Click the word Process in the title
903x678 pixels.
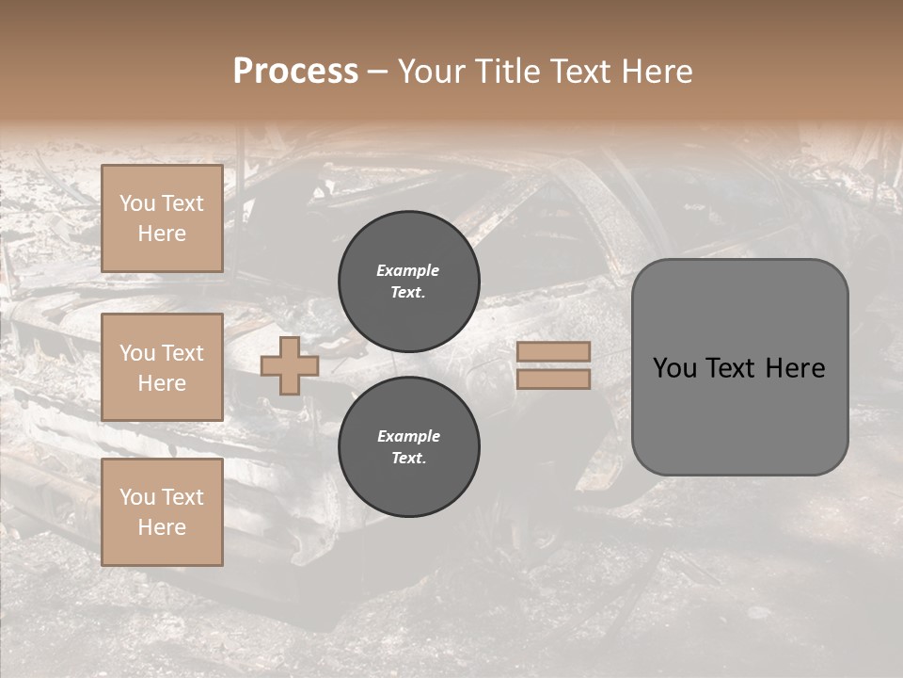[x=295, y=72]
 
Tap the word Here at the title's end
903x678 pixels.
[x=653, y=72]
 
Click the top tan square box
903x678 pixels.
[x=162, y=218]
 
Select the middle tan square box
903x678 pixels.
[x=162, y=367]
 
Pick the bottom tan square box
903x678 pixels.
[x=162, y=512]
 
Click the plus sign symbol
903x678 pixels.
[x=290, y=366]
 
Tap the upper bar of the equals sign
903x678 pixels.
[x=554, y=352]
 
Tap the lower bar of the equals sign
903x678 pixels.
[x=554, y=379]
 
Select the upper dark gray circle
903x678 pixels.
[x=409, y=282]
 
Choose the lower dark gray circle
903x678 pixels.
[x=409, y=447]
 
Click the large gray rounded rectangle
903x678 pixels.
[x=739, y=367]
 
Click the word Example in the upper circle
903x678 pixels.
[x=408, y=270]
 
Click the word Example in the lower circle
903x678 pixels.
[x=408, y=436]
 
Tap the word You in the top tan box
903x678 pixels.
[x=137, y=203]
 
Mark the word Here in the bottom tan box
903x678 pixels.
[x=162, y=527]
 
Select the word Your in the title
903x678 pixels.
[x=433, y=72]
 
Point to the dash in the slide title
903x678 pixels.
[x=377, y=73]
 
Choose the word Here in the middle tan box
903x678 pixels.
[x=162, y=383]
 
